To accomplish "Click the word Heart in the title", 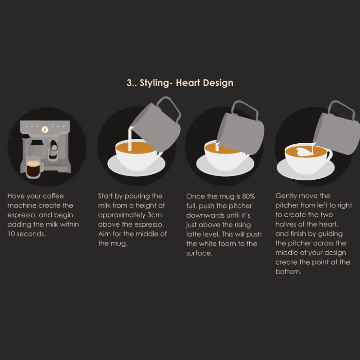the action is click(188, 83).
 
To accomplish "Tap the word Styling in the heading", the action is click(155, 83).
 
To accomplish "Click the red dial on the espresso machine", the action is click(45, 130).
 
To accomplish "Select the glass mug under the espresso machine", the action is click(35, 167).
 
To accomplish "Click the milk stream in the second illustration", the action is click(130, 139).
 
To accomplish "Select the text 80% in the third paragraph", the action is click(248, 196).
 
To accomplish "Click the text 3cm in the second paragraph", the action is click(154, 215).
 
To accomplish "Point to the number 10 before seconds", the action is click(11, 234).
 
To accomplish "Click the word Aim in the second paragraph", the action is click(104, 234).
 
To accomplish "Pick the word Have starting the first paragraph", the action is click(16, 196).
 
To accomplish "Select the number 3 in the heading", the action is click(129, 83).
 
